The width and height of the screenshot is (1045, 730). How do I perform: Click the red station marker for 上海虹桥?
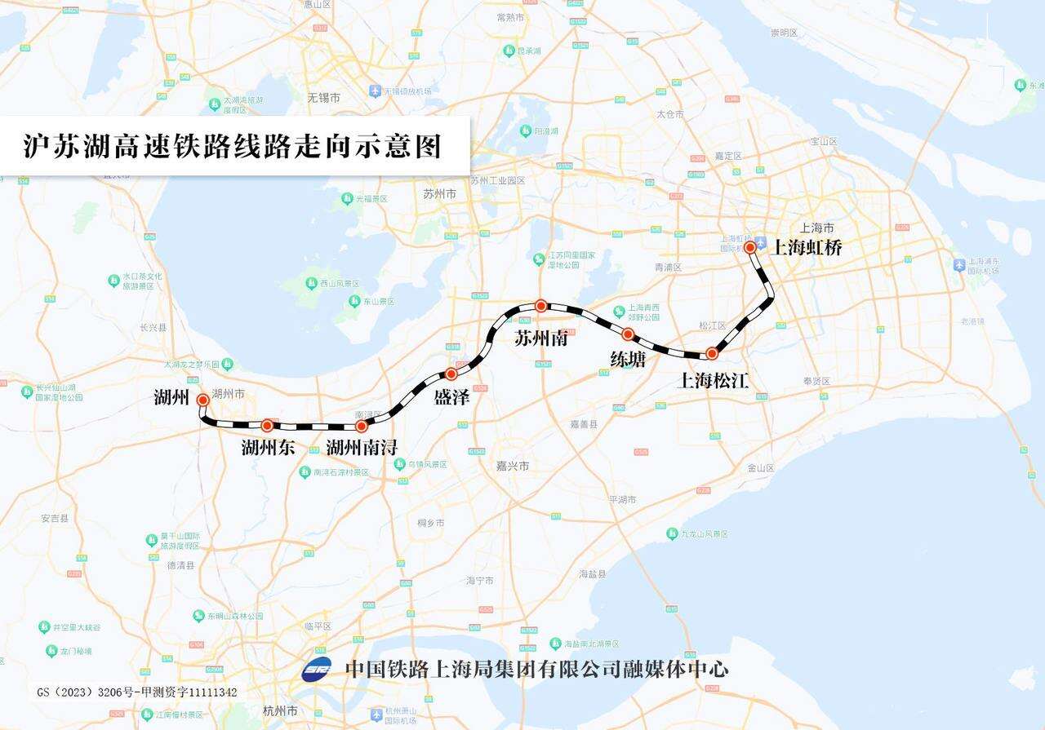point(749,247)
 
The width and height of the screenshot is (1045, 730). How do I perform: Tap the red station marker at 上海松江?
point(712,353)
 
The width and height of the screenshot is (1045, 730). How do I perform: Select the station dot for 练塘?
point(628,334)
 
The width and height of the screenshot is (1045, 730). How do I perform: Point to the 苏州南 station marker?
point(540,305)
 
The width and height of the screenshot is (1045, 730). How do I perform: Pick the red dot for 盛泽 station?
point(451,374)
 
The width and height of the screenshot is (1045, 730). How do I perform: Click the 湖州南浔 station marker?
point(362,425)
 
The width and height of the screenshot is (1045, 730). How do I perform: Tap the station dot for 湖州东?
point(267,425)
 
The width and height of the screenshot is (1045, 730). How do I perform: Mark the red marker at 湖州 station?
point(202,400)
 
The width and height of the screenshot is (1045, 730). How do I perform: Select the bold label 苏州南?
point(540,338)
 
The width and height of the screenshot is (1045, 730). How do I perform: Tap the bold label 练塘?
point(628,358)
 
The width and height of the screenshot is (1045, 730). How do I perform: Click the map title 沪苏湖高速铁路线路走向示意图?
point(232,146)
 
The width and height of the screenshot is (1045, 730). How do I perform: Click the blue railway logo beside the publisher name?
point(317,669)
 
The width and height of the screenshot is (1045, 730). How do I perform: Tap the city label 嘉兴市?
point(513,466)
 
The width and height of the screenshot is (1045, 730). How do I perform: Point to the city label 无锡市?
point(323,98)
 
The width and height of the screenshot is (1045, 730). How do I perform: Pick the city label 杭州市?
point(281,711)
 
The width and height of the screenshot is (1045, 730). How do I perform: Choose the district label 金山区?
point(759,468)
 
